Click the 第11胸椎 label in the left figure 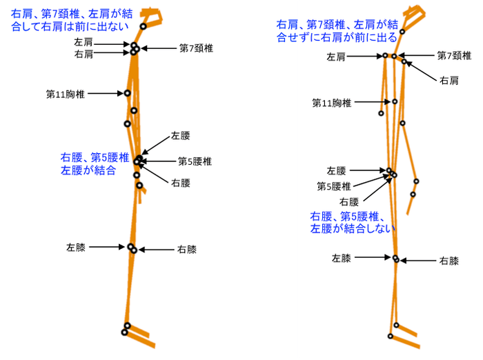coord(66,94)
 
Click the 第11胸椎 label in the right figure coord(331,103)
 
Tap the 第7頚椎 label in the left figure coord(196,48)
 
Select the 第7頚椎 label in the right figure coord(454,55)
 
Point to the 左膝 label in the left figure coord(75,248)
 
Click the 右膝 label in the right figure coord(449,261)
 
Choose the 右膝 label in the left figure coord(187,249)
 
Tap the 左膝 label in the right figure coord(342,258)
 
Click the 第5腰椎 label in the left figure coord(195,161)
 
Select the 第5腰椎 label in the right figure coord(334,186)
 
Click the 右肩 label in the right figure coord(449,81)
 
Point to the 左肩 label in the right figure coord(336,57)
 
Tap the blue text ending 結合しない coord(352,222)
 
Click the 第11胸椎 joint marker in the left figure coord(127,93)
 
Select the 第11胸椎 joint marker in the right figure coord(395,101)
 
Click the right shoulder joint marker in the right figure coord(404,61)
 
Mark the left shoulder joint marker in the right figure coord(385,55)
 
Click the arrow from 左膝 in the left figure coord(106,247)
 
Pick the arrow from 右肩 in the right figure coord(421,71)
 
